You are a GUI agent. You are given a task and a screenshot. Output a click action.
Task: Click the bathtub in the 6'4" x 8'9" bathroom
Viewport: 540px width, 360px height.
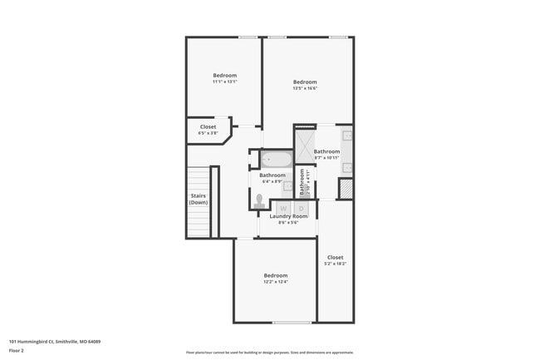(276, 159)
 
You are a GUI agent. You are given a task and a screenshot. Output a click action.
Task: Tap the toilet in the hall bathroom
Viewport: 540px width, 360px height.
(259, 200)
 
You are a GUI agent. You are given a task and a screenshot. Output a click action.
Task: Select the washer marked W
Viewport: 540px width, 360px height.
(282, 208)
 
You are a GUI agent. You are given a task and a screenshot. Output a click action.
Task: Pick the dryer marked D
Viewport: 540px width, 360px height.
(301, 208)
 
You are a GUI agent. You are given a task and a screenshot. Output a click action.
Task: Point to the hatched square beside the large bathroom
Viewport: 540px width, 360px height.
(346, 189)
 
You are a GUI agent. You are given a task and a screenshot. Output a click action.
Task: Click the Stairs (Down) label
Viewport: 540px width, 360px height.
(198, 199)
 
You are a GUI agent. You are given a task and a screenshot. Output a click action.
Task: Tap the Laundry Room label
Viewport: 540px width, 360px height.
(288, 216)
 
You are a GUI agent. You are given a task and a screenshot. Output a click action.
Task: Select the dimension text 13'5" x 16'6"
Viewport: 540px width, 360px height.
(305, 89)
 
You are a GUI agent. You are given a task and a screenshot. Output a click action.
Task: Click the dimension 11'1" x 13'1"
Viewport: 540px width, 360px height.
(224, 82)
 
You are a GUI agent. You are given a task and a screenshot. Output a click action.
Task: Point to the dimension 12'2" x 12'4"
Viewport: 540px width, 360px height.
(276, 282)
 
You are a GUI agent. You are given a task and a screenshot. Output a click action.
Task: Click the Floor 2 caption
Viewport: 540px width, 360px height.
(17, 350)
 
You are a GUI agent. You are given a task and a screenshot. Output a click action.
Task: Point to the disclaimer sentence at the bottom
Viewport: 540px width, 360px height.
(269, 352)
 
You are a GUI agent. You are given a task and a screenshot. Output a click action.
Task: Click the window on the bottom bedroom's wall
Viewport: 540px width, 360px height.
(292, 323)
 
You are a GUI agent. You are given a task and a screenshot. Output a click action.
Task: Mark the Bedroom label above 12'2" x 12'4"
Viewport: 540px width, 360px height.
(276, 275)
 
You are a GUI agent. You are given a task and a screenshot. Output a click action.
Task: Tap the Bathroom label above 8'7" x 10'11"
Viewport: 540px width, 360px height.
(326, 151)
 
